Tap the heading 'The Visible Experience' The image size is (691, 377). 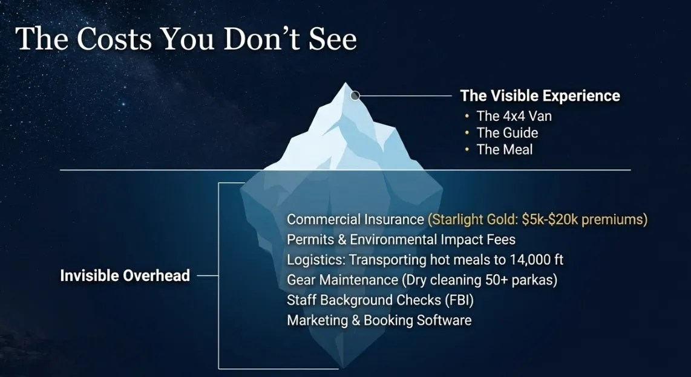pos(540,95)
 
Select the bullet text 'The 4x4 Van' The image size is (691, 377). pos(514,116)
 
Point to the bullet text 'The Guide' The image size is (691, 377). pos(507,133)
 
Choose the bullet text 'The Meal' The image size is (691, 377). pos(505,150)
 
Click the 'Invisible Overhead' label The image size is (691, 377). pos(125,276)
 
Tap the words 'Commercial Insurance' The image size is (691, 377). pos(355,219)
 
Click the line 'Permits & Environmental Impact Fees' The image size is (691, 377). pos(401,239)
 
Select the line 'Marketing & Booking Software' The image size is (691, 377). pos(379,320)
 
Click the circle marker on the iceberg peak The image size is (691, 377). pos(355,95)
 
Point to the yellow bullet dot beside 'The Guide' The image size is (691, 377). pos(467,133)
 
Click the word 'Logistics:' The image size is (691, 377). pos(316,260)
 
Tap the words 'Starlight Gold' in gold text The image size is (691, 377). pos(473,219)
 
